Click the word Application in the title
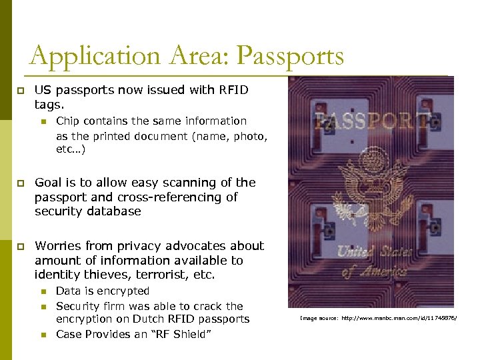(86, 56)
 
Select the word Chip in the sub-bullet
(67, 121)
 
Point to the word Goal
(48, 182)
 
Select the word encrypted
(123, 291)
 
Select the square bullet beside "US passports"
(20, 90)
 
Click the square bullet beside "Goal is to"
(20, 183)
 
